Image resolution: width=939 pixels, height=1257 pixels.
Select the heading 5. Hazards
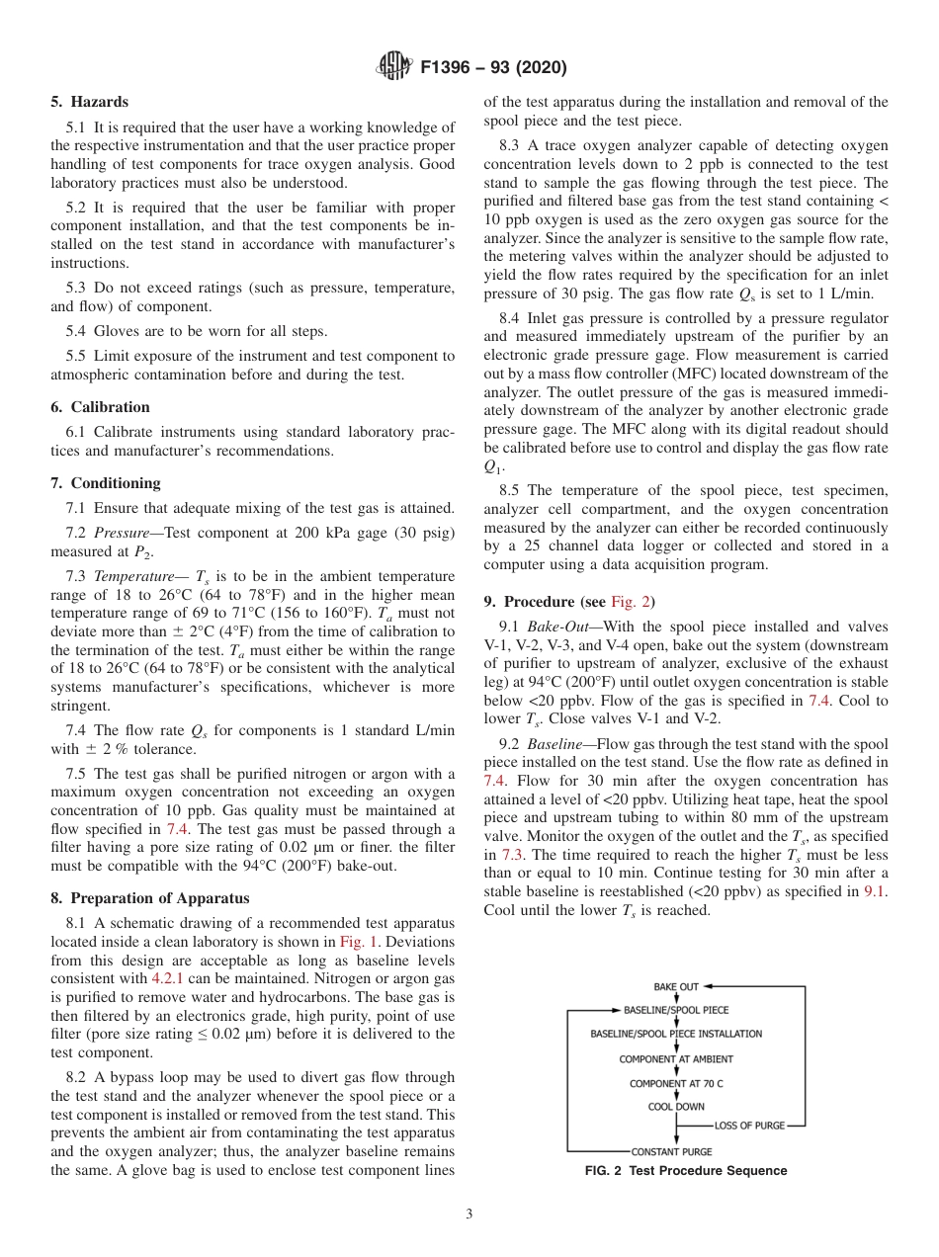pos(89,102)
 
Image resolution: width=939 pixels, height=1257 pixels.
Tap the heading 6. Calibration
pos(100,407)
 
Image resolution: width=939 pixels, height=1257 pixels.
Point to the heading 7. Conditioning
pos(105,483)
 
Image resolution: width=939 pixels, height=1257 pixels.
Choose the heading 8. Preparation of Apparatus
pos(150,898)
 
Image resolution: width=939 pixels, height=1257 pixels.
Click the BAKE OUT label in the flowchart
pos(676,986)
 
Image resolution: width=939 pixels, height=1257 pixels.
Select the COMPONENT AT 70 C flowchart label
pos(676,1083)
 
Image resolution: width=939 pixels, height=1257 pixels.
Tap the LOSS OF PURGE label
pos(748,1126)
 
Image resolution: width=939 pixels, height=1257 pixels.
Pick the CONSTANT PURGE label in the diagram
pos(671,1151)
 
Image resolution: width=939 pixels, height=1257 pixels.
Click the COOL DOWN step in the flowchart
pos(676,1107)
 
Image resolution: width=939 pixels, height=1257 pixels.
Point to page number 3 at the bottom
pos(469,1215)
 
